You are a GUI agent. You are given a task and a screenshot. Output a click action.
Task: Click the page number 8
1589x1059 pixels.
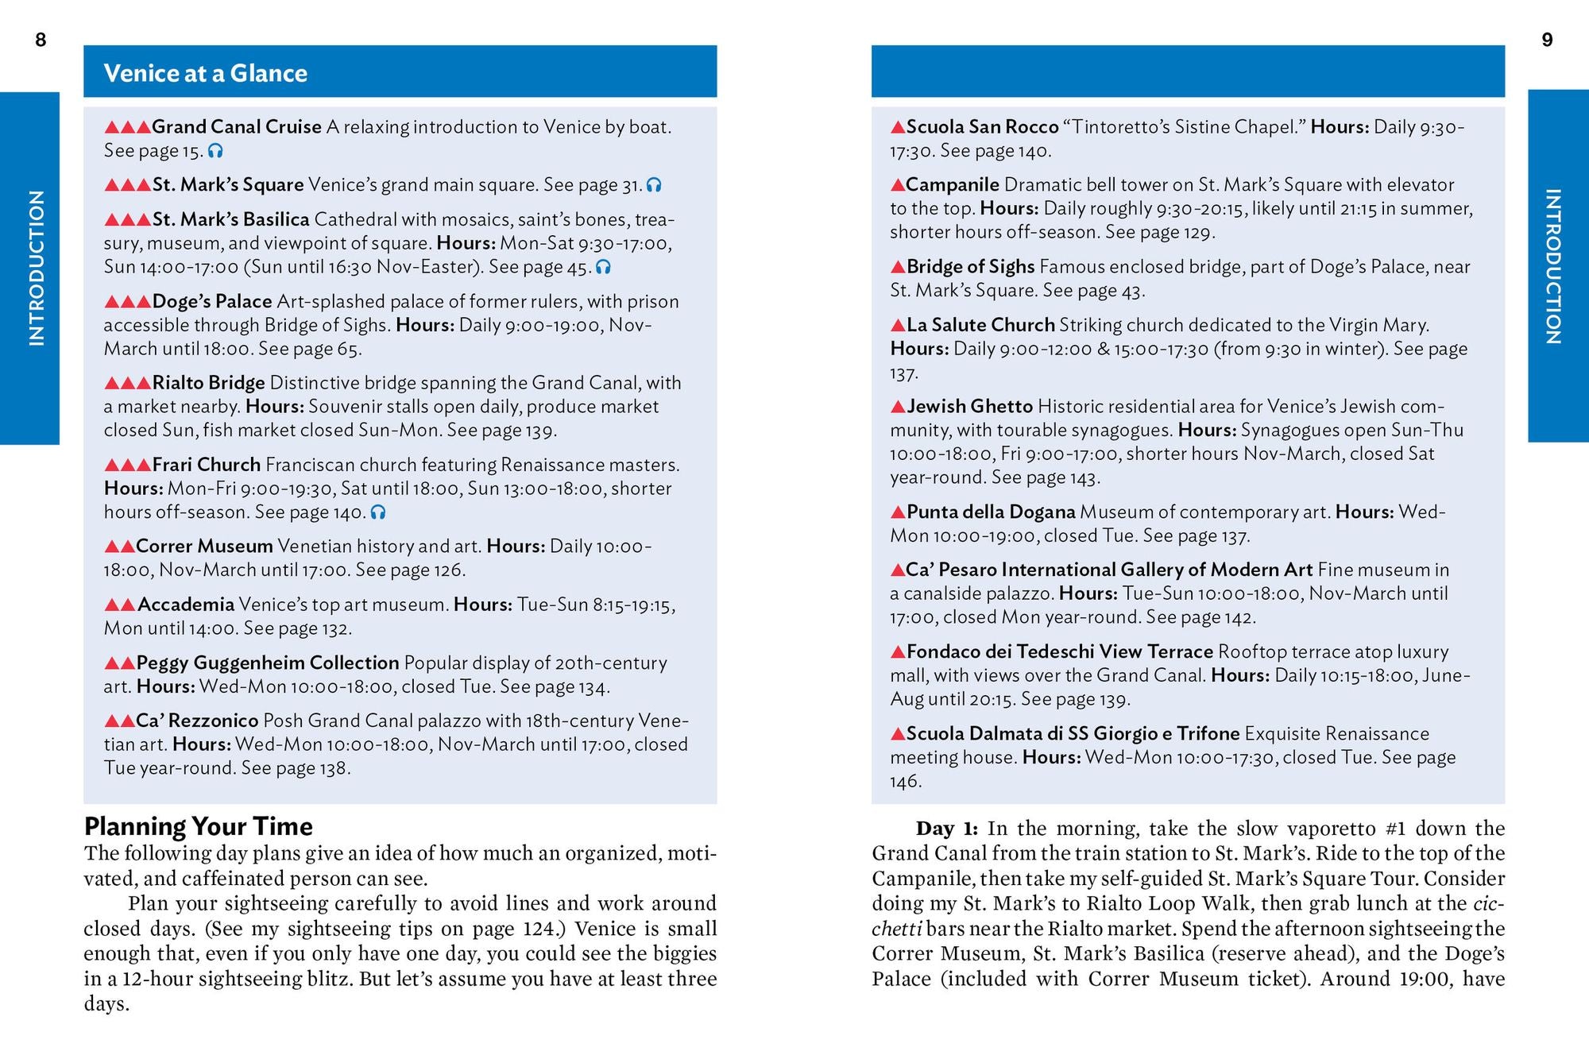pos(41,40)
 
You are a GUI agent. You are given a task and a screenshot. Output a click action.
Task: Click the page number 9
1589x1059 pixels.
pos(1547,40)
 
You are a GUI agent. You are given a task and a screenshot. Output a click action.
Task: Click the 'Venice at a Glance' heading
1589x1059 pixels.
pos(206,73)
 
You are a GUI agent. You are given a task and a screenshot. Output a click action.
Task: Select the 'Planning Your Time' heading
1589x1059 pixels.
pos(199,826)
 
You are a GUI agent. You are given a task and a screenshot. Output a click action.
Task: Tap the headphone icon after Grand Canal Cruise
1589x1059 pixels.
pos(215,151)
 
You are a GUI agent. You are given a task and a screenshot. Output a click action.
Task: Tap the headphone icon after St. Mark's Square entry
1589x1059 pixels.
pos(654,185)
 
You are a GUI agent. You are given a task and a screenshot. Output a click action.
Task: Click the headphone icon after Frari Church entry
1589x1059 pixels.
pos(378,512)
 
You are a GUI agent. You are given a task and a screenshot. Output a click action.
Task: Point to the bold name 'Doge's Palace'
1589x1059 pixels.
pos(212,302)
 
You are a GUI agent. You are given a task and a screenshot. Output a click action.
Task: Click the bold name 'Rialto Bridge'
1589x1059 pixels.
pos(208,383)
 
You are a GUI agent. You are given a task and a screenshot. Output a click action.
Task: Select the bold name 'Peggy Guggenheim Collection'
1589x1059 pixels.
pos(268,663)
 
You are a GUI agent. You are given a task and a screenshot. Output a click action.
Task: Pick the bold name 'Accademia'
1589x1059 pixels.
pos(186,605)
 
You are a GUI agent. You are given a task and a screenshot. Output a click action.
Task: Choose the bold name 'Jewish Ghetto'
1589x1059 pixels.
pos(969,407)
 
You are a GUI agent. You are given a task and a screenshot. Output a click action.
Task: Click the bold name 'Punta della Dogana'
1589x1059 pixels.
pos(991,512)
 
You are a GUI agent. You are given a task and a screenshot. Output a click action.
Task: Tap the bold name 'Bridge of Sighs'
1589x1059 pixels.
pos(970,267)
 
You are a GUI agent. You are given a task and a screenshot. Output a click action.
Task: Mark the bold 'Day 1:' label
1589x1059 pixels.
pos(947,829)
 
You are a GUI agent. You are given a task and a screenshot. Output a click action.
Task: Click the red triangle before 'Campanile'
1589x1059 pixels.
pos(898,185)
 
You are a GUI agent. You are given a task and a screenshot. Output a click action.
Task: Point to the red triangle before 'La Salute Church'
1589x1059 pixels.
pos(898,325)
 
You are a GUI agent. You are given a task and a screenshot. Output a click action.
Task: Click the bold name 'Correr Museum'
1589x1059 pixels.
pos(204,547)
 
